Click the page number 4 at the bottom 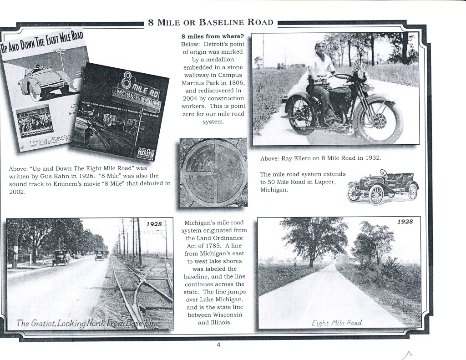click(x=218, y=345)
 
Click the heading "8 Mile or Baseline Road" click(x=211, y=22)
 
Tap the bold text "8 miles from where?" click(x=213, y=36)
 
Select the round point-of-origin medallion click(x=214, y=173)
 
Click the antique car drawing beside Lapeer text click(x=382, y=187)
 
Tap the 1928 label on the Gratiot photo click(x=154, y=224)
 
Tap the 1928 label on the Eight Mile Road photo click(x=405, y=222)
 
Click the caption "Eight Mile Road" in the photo click(x=337, y=323)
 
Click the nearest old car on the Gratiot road click(x=61, y=258)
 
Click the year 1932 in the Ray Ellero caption click(x=372, y=158)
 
